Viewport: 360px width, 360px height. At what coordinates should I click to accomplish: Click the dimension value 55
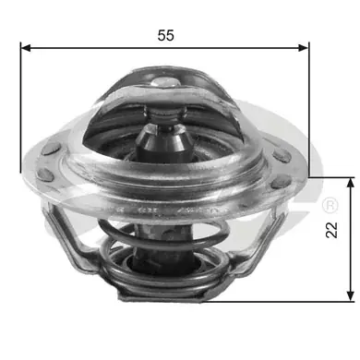[x=166, y=35]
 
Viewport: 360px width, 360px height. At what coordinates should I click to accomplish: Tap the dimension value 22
[x=331, y=230]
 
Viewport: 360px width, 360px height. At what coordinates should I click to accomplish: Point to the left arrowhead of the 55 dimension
[x=26, y=48]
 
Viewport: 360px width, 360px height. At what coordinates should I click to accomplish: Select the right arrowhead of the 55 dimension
[x=304, y=48]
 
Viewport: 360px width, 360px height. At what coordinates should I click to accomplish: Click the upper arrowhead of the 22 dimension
[x=350, y=183]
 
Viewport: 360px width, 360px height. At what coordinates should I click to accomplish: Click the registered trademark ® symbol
[x=330, y=205]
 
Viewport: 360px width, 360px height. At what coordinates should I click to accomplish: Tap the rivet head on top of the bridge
[x=165, y=82]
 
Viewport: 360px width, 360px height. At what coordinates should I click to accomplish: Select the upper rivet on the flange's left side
[x=51, y=150]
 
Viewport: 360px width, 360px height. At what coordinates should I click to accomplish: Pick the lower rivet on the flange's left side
[x=45, y=174]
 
